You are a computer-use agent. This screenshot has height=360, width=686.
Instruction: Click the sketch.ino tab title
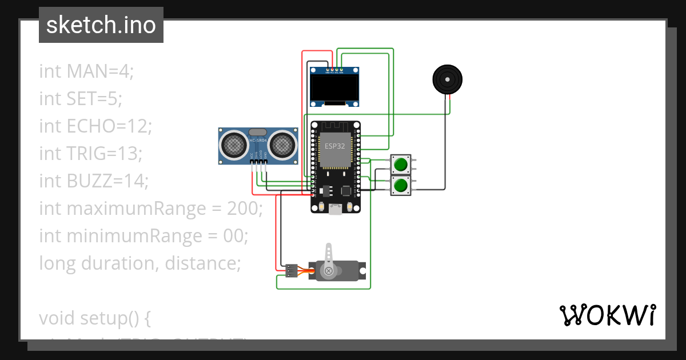[x=101, y=25]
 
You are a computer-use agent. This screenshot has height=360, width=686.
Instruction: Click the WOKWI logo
[x=607, y=315]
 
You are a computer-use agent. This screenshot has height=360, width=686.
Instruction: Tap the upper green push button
[x=400, y=165]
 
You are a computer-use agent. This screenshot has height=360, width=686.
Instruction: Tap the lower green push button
[x=400, y=185]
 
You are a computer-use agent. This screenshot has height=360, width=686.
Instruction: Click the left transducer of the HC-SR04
[x=234, y=145]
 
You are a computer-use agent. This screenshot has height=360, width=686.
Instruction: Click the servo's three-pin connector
[x=290, y=271]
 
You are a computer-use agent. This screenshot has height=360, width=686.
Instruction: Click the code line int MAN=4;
[x=86, y=71]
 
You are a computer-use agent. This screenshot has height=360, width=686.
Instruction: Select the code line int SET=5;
[x=81, y=99]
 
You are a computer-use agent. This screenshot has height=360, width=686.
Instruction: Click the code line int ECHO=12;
[x=95, y=126]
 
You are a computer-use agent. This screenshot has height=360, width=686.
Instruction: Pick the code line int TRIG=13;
[x=90, y=154]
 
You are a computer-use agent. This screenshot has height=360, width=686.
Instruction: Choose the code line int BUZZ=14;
[x=94, y=181]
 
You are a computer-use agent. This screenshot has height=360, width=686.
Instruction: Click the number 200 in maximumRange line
[x=244, y=209]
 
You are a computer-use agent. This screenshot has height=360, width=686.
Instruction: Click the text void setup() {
[x=94, y=318]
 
